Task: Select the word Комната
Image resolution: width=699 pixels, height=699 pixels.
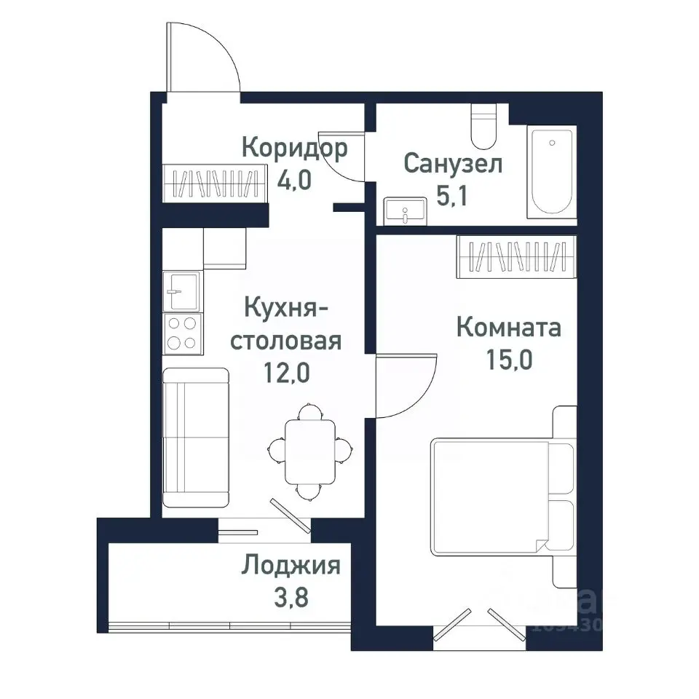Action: (508, 328)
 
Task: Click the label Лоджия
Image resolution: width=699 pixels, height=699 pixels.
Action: (291, 565)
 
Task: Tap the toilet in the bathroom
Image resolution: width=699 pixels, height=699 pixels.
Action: (483, 127)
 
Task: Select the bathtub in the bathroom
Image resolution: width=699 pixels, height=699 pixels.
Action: (553, 172)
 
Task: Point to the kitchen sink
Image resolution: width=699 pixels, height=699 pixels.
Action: (181, 292)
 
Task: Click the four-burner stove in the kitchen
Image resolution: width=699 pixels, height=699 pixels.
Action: (181, 333)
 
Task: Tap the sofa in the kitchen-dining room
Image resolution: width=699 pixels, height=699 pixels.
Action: (195, 437)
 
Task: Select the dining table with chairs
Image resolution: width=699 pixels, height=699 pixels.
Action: (309, 451)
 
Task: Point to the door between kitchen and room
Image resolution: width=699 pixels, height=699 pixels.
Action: (404, 386)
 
